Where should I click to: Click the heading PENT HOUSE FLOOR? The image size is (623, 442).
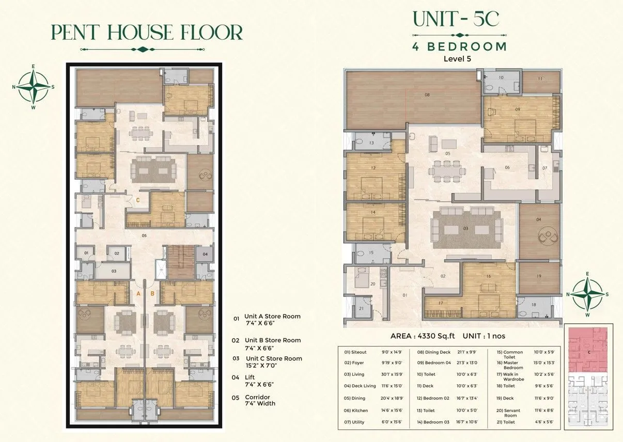pos(146,33)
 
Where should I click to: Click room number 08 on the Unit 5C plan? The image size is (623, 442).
pos(427,95)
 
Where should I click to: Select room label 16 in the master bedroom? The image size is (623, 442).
pos(488,276)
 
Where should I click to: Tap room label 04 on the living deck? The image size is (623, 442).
pos(539,219)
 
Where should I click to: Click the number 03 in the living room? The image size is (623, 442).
pos(465,228)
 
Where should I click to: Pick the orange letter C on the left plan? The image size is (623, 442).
pos(138,200)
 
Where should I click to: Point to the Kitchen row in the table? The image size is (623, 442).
pos(356,411)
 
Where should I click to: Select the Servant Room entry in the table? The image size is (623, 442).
pos(511,413)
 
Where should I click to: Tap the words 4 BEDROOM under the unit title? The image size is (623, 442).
pos(459,46)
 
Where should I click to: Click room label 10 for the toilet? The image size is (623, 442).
pos(501,77)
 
